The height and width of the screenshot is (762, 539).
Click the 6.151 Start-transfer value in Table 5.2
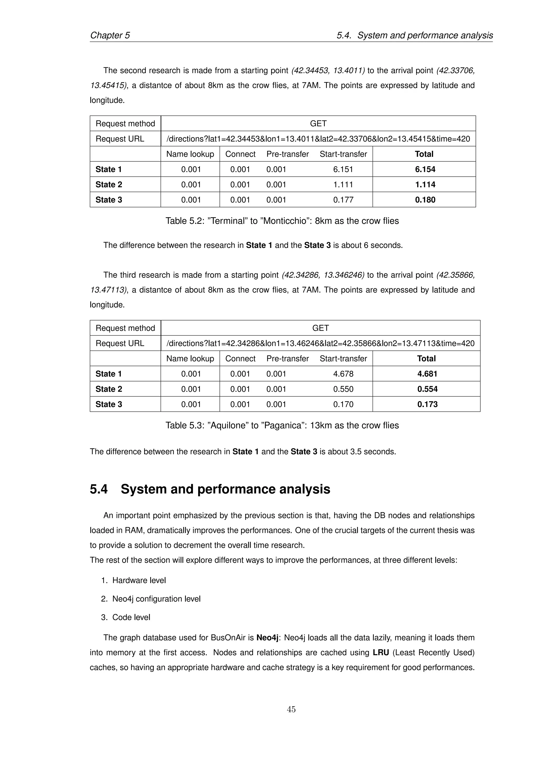pos(343,169)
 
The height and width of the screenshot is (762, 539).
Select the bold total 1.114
pos(425,184)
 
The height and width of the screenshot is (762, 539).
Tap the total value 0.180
pos(425,200)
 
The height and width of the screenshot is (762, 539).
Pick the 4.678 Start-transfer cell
pos(343,374)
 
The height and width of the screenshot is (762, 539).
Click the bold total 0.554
pos(427,389)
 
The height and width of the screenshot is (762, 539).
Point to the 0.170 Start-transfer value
pos(343,404)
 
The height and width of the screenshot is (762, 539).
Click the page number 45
pos(291,709)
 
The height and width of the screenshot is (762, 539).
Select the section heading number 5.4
pos(99,489)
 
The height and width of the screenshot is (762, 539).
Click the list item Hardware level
pos(139,580)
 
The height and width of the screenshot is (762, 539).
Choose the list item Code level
pos(131,617)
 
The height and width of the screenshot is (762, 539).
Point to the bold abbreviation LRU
pos(381,653)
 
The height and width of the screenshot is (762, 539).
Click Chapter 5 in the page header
pos(110,36)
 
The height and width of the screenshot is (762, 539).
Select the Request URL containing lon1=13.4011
pos(318,139)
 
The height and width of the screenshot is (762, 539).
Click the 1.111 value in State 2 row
pos(343,184)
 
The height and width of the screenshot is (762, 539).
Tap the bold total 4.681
pos(427,374)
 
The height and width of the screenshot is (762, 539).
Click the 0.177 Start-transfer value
pos(343,200)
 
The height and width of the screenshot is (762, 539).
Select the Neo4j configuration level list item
pos(156,599)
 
